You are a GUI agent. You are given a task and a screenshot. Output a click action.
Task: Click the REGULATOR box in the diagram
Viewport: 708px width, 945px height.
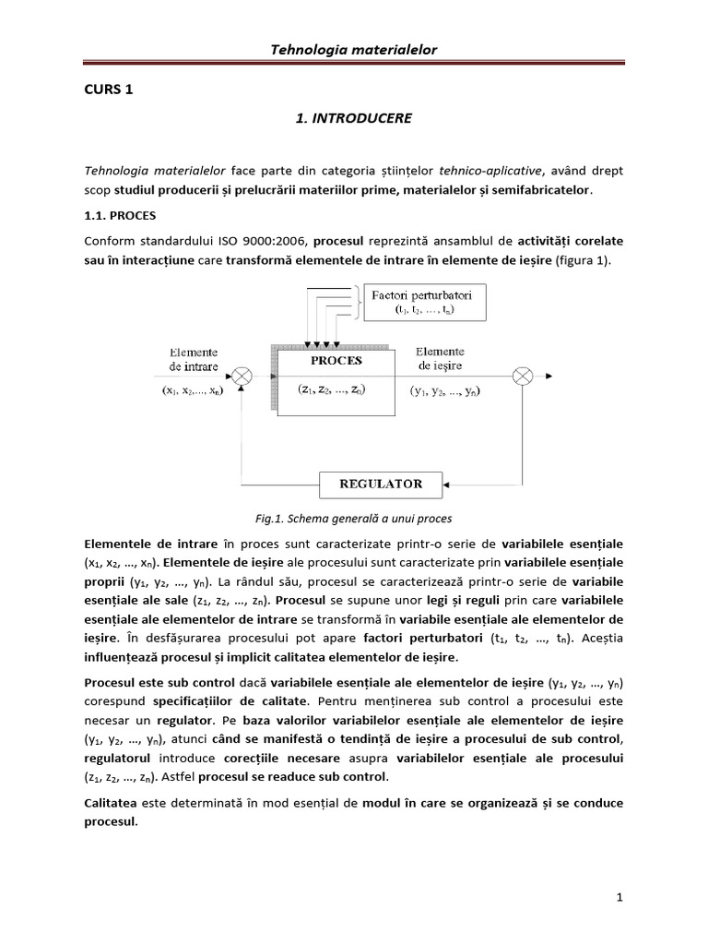pyautogui.click(x=381, y=484)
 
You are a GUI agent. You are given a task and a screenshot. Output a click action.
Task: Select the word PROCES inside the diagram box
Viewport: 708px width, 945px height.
pyautogui.click(x=336, y=360)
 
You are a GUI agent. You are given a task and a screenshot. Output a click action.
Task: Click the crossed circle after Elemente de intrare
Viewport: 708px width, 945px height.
pyautogui.click(x=242, y=375)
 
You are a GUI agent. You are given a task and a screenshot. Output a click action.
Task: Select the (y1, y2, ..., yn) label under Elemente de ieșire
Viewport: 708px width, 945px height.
pyautogui.click(x=444, y=389)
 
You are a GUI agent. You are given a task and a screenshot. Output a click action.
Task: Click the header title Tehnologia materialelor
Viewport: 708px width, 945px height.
pyautogui.click(x=352, y=50)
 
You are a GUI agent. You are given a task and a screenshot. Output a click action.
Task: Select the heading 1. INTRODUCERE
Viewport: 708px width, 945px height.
pyautogui.click(x=354, y=119)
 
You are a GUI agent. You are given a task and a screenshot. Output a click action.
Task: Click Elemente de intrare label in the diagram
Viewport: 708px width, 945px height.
pyautogui.click(x=194, y=359)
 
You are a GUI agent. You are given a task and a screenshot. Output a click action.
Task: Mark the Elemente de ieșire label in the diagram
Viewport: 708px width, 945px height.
pyautogui.click(x=440, y=358)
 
